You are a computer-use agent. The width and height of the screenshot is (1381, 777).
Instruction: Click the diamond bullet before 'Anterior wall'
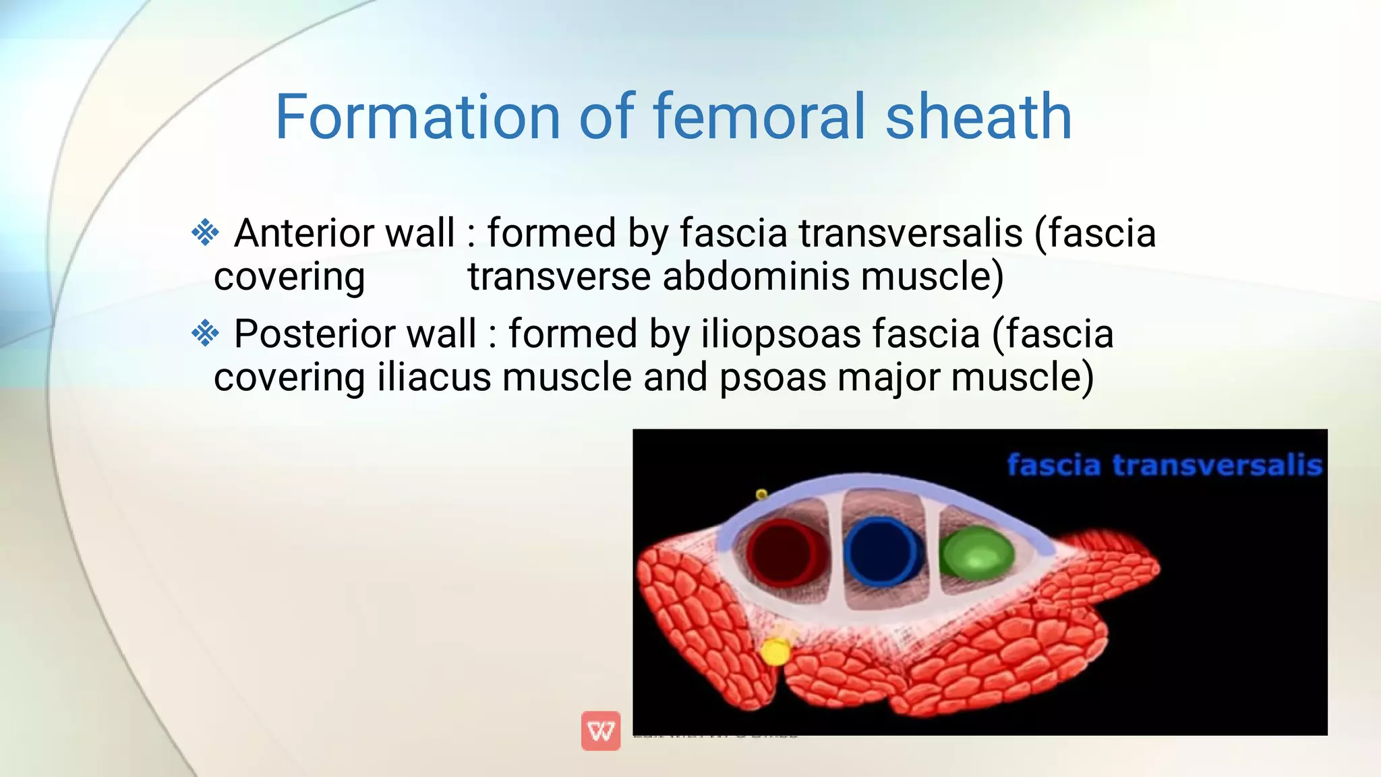click(x=205, y=233)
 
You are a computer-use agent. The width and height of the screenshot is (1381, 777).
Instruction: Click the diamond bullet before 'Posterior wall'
click(x=205, y=334)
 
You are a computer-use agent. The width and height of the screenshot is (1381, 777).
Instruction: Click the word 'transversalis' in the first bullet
click(x=911, y=233)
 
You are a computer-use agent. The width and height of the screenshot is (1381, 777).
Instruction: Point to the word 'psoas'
click(x=773, y=377)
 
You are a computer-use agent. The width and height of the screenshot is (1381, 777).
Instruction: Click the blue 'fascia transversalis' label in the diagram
click(x=1164, y=465)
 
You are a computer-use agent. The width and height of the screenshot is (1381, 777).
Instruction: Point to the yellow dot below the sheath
click(x=775, y=652)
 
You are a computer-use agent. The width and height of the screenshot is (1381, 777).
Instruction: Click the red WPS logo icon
click(x=600, y=731)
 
